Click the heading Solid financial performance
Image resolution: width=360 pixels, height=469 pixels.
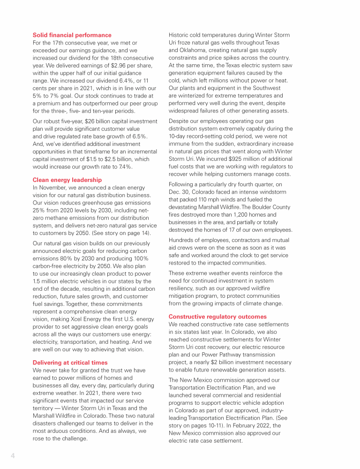72,35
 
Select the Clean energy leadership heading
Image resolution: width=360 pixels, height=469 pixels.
67,180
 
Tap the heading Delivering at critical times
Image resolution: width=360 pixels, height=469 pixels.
70,363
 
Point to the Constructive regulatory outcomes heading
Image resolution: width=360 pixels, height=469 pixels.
217,317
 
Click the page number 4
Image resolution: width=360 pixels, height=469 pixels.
13,455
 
